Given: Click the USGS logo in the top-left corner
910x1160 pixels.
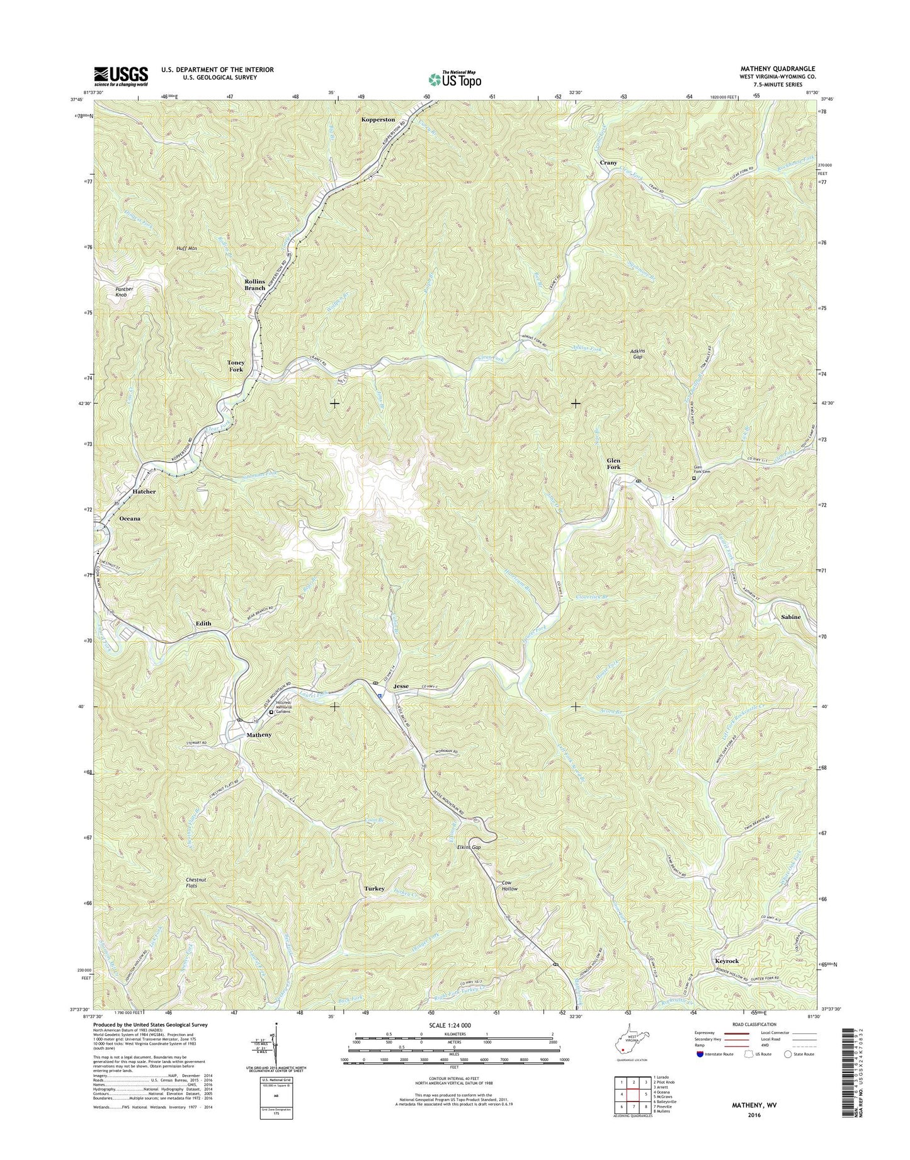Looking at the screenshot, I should (x=121, y=76).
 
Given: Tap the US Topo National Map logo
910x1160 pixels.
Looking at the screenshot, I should (x=455, y=79).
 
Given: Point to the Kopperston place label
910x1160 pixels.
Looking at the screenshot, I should (x=378, y=119).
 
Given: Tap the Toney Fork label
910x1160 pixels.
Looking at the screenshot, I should (x=236, y=366).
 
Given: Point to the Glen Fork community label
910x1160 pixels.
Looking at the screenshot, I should (x=613, y=463).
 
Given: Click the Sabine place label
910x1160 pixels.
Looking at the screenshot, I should (x=790, y=617).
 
